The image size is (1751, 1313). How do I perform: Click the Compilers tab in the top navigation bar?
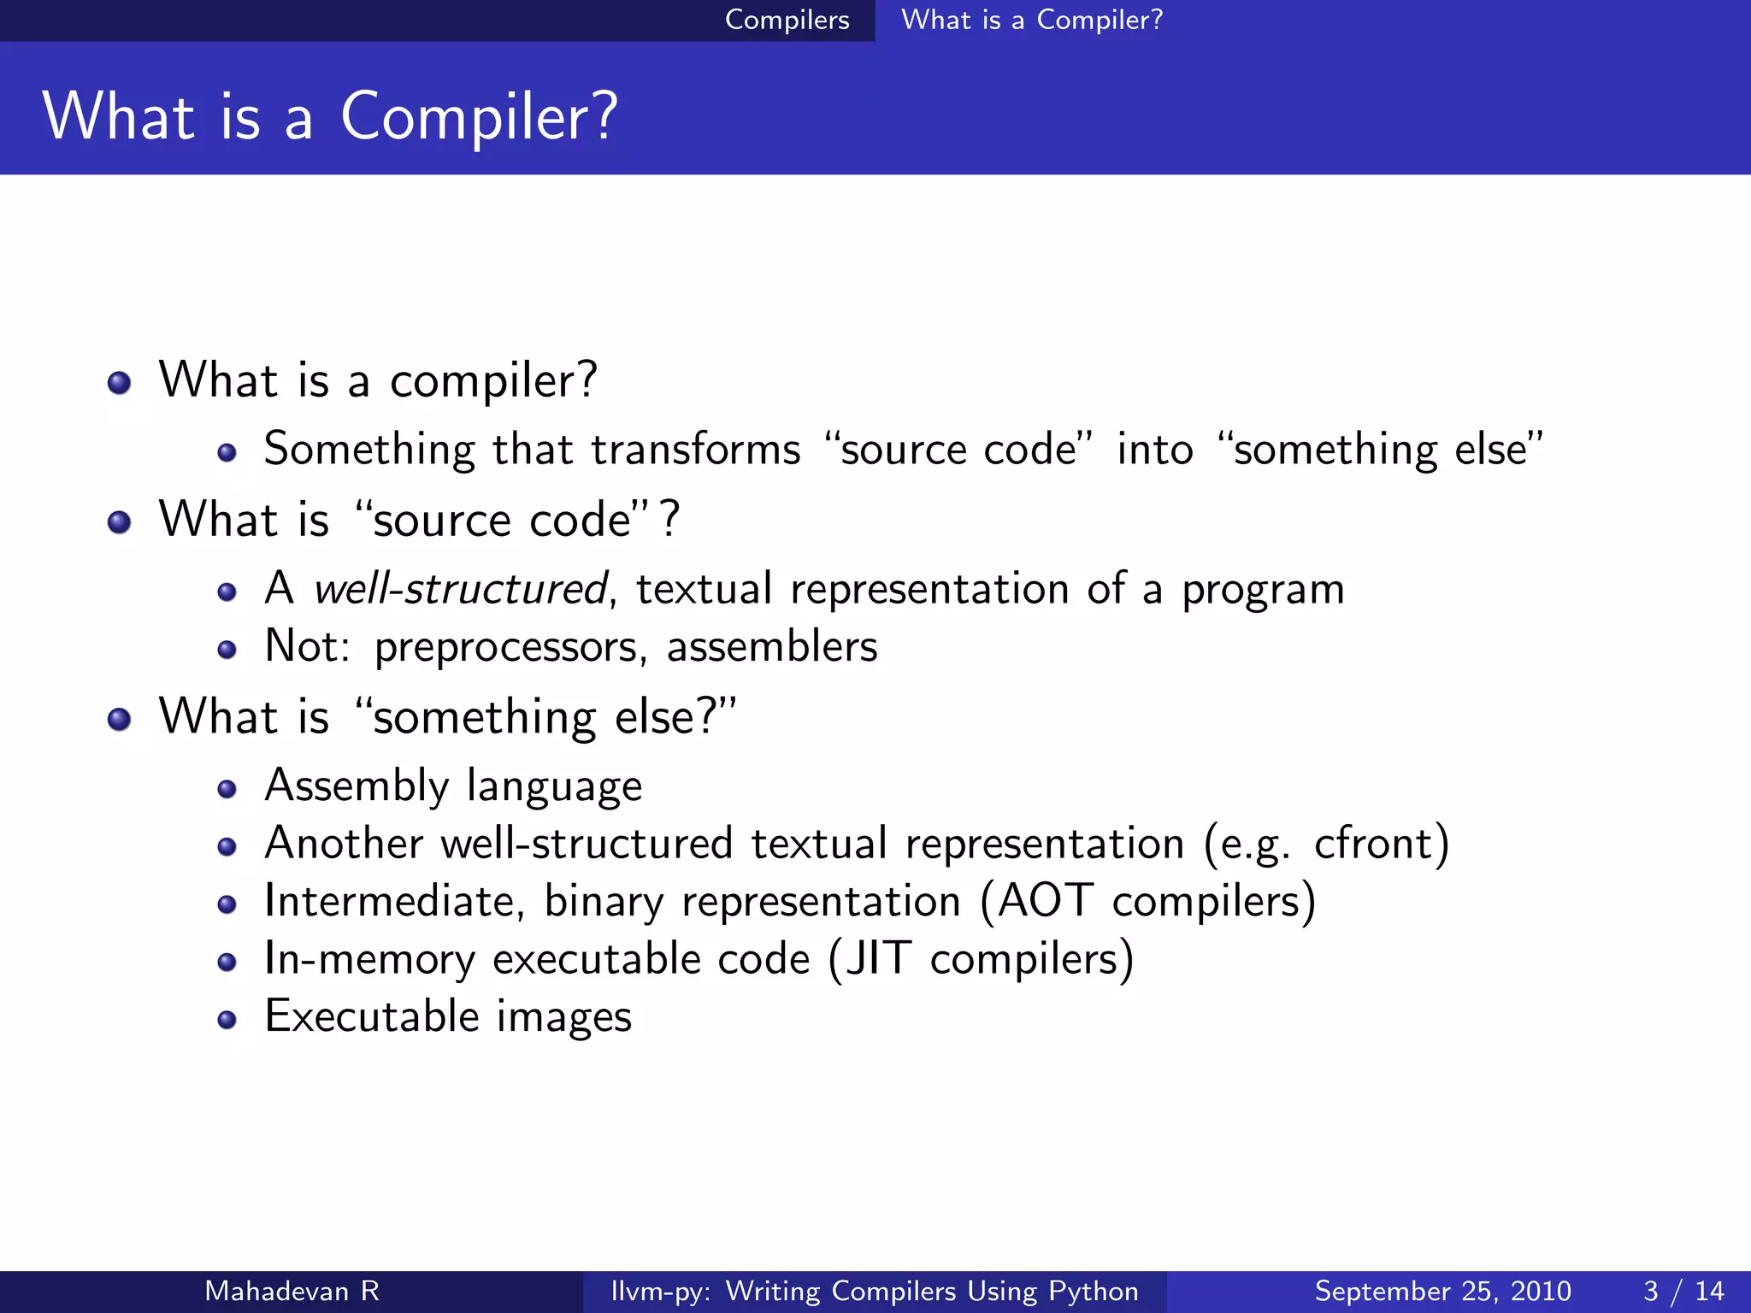tap(787, 20)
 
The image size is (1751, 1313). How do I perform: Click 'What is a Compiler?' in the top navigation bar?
tap(1032, 20)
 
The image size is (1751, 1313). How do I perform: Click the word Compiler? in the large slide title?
tap(479, 117)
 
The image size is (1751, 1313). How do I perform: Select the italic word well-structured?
tap(461, 589)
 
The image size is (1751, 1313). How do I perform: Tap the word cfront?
tap(1371, 844)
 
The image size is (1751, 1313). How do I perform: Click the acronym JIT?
tap(879, 958)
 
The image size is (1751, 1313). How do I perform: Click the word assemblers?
tap(772, 646)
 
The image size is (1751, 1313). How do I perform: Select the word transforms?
tap(696, 450)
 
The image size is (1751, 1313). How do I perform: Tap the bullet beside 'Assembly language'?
tap(227, 789)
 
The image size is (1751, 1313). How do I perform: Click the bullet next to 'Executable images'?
tap(227, 1020)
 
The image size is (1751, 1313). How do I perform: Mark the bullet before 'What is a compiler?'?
tap(120, 382)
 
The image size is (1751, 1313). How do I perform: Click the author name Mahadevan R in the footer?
tap(292, 1291)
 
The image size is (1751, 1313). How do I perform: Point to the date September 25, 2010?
tap(1442, 1291)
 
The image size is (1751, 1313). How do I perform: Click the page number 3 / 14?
tap(1683, 1291)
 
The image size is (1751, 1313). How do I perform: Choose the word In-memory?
tap(369, 958)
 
